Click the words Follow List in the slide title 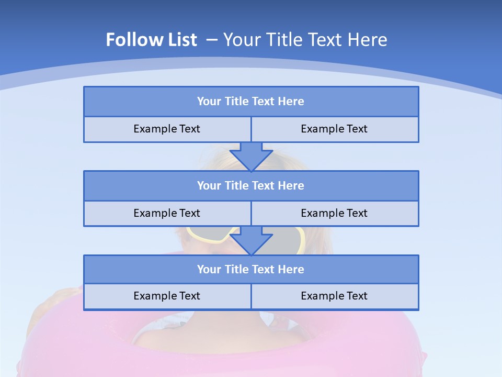pyautogui.click(x=152, y=40)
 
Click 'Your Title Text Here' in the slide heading pyautogui.click(x=305, y=40)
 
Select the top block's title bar pyautogui.click(x=251, y=102)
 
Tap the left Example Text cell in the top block pyautogui.click(x=167, y=129)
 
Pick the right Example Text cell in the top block pyautogui.click(x=334, y=129)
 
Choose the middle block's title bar pyautogui.click(x=251, y=185)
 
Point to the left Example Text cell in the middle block pyautogui.click(x=167, y=213)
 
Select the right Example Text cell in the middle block pyautogui.click(x=334, y=213)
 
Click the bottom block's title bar pyautogui.click(x=251, y=269)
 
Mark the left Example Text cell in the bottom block pyautogui.click(x=167, y=296)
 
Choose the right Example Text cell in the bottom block pyautogui.click(x=334, y=296)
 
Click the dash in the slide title pyautogui.click(x=212, y=40)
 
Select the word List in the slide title pyautogui.click(x=180, y=40)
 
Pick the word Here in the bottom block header pyautogui.click(x=291, y=269)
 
